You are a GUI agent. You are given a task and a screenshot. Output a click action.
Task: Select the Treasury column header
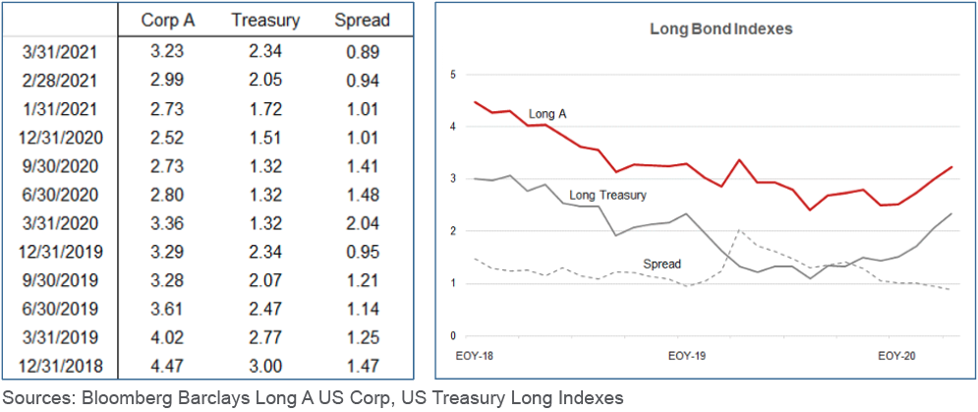[x=264, y=20]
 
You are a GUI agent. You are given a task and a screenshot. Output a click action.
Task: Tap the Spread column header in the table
[x=361, y=20]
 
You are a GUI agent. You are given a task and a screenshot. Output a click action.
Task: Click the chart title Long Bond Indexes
[x=708, y=29]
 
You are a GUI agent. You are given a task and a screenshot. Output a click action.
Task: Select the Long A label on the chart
[x=548, y=115]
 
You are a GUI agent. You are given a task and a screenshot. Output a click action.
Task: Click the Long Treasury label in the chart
[x=607, y=196]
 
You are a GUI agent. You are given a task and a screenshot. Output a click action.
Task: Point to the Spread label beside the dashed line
[x=662, y=264]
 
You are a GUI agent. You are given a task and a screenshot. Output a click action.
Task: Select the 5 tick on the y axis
[x=453, y=74]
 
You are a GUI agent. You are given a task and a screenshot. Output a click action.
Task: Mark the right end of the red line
[x=951, y=167]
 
